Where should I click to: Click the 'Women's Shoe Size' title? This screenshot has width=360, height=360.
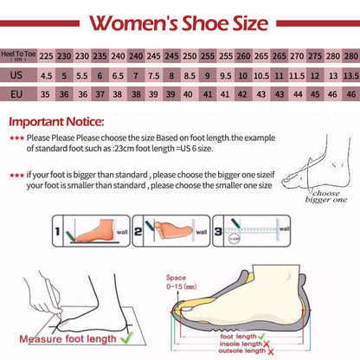coord(180,20)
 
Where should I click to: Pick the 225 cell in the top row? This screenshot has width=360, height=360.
coord(47,55)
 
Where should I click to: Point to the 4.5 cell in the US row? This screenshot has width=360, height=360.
coord(47,74)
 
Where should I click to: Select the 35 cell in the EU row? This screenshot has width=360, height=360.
coord(47,93)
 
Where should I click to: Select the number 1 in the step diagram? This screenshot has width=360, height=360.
coord(57,234)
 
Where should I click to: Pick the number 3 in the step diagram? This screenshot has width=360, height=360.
coord(217,233)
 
